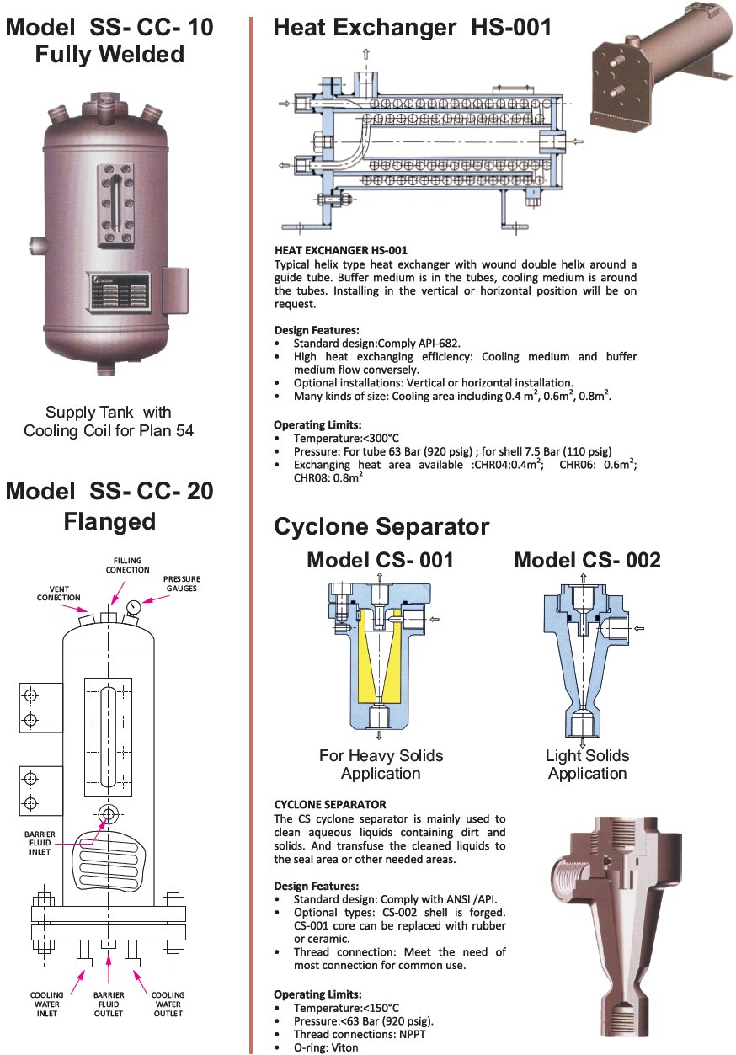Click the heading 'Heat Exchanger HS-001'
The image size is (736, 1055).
coord(413,27)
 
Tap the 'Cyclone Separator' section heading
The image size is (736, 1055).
coord(381,527)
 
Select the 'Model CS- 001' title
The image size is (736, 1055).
coord(380,560)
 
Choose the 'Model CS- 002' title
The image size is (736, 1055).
coord(587,560)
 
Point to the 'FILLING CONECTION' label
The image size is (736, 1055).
coord(127,565)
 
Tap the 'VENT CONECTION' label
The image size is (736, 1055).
coord(58,593)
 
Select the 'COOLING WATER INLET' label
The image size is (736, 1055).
coord(47,1004)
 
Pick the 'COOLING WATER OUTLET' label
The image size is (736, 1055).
coord(168,1004)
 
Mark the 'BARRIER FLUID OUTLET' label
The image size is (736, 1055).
coord(108,1004)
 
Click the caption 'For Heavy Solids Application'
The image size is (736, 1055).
coord(381,765)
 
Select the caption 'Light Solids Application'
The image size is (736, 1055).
coord(587,765)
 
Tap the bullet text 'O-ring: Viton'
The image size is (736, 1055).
coord(326,1047)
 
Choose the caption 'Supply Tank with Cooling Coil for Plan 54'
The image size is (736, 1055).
coord(109,421)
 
